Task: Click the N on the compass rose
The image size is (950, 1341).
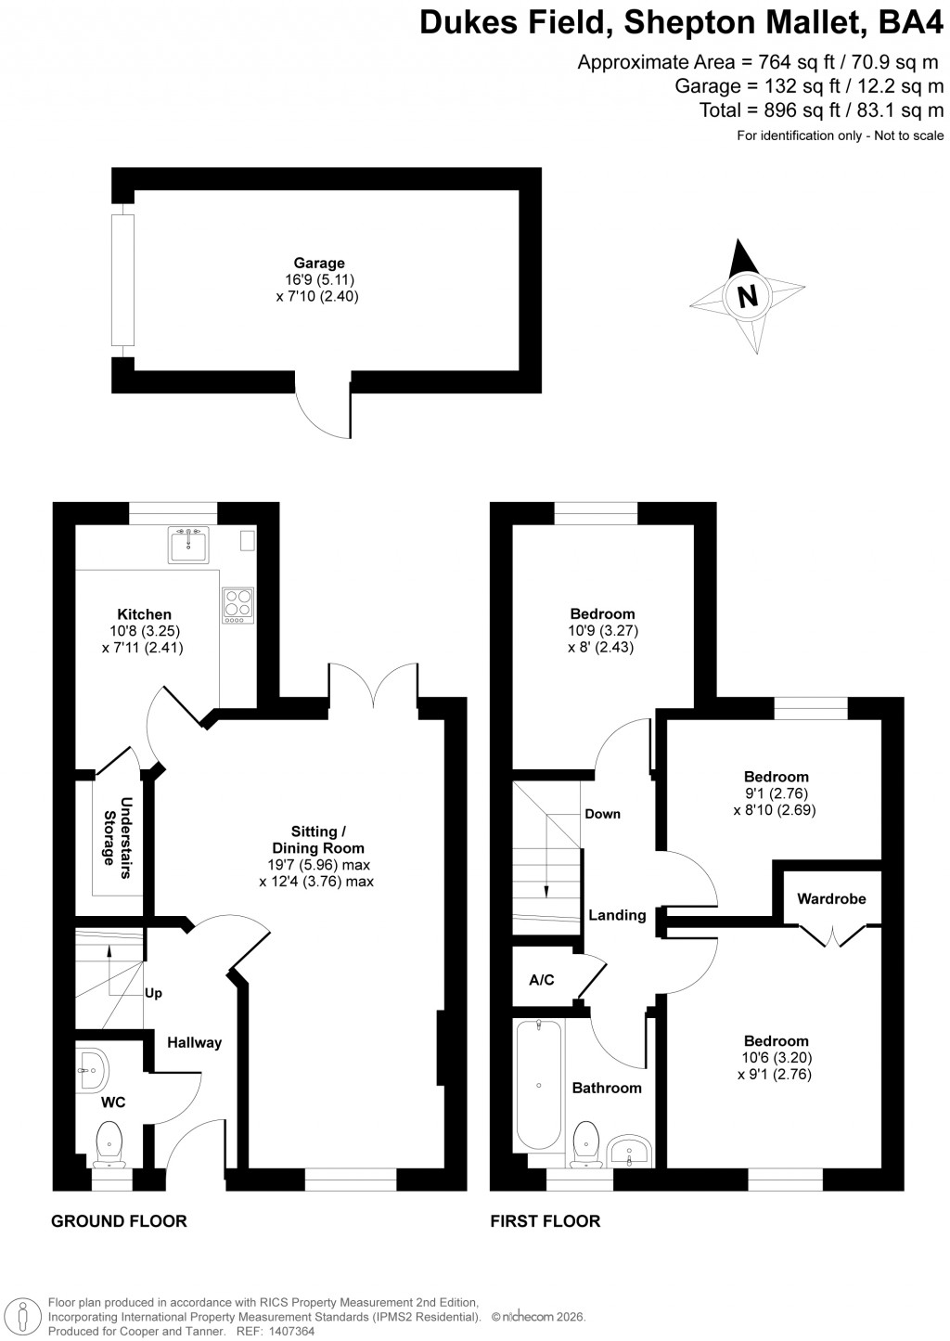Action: point(747,296)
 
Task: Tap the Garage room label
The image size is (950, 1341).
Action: point(320,264)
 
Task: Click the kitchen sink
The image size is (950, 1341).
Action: point(192,545)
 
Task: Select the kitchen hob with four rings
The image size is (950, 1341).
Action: point(237,604)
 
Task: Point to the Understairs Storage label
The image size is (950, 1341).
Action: point(117,832)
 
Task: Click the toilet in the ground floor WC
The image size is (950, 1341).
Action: point(109,1141)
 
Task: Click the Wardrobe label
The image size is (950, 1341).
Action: point(831,898)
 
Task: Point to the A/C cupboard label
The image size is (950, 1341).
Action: point(542,980)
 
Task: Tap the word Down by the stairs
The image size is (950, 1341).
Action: point(602,814)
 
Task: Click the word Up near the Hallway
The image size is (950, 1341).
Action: point(154,993)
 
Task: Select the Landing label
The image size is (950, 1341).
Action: point(617,915)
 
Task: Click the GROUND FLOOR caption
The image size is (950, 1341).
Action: point(119,1221)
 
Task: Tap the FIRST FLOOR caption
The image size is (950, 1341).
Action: point(546,1221)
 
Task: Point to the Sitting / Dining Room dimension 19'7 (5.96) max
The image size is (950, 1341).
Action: point(316,865)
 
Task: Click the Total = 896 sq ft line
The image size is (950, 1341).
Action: point(821,111)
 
